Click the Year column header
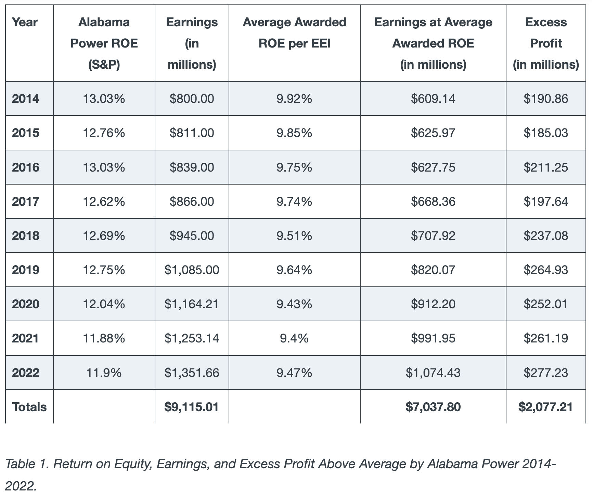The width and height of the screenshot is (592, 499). pos(25,22)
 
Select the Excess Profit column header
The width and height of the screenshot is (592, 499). pos(545,43)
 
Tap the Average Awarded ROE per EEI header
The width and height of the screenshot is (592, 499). pos(294,33)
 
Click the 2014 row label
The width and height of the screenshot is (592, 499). pos(26,99)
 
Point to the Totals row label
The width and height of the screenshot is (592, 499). pos(29,407)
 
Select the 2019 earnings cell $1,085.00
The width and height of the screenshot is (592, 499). pos(192,270)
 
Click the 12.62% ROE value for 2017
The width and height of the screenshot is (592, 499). pos(104,202)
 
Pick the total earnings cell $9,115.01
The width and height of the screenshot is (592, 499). pos(192,407)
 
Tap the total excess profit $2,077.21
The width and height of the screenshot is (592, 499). pos(545,407)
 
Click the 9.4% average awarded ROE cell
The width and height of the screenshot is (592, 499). pos(294,338)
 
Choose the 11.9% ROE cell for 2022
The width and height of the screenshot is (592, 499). pos(104,373)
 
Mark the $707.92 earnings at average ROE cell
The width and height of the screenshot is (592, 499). pos(433,236)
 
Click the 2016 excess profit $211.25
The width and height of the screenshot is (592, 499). pos(545,167)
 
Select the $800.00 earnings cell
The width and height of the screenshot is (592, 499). pos(192,99)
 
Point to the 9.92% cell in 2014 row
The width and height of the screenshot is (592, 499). pos(294,99)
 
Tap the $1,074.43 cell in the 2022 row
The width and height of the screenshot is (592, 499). pos(433,373)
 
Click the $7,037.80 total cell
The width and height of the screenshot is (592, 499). pos(433,407)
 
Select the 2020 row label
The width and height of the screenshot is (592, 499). pos(26,304)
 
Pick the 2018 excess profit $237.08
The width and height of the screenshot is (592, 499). pos(545,236)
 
